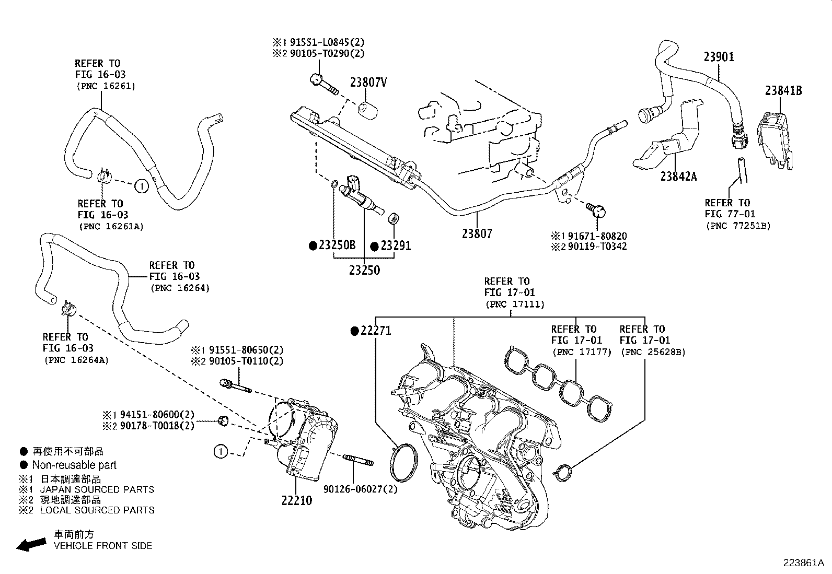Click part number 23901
719,56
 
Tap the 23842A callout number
678,176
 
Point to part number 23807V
368,83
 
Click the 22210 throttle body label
296,500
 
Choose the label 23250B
337,245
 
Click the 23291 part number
396,245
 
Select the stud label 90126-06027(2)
360,489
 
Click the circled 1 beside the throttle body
221,451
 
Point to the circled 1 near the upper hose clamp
141,185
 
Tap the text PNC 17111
515,304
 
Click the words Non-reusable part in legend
74,465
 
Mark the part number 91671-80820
597,236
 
